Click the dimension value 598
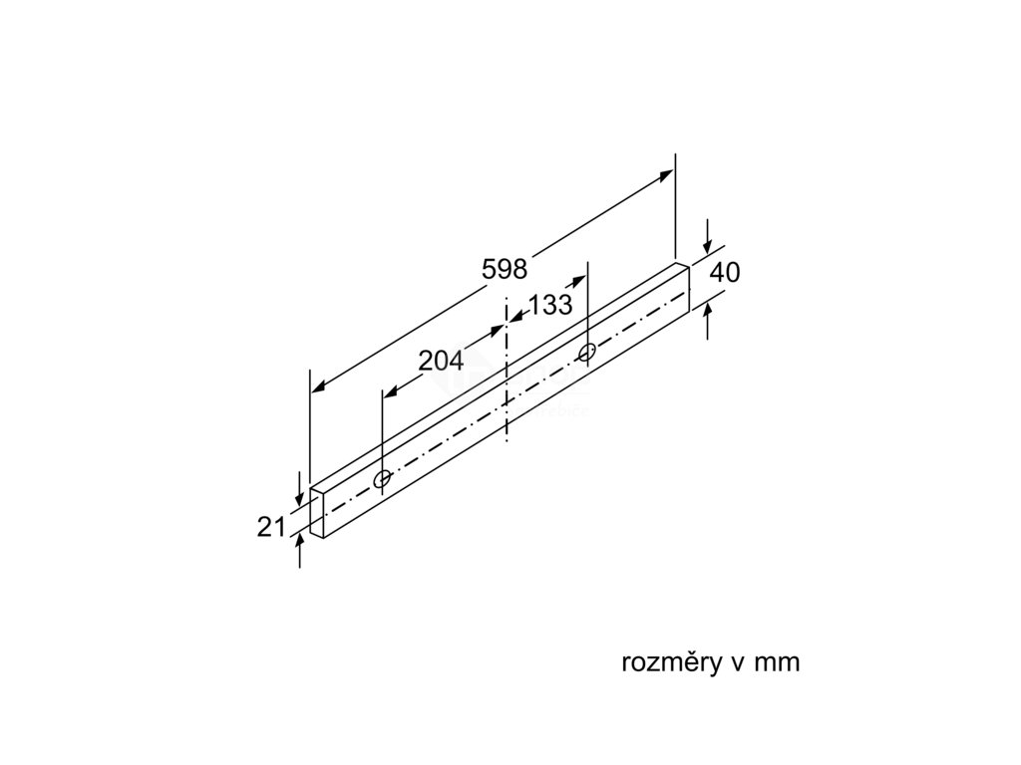pos(504,268)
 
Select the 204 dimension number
pos(441,362)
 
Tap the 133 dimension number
pos(550,306)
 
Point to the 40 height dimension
pos(726,272)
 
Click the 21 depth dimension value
pos(271,527)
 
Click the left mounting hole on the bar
pos(382,480)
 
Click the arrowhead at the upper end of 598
pos(667,176)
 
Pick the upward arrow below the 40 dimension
pos(707,311)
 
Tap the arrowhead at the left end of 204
pos(389,391)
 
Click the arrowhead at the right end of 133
pos(581,283)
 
